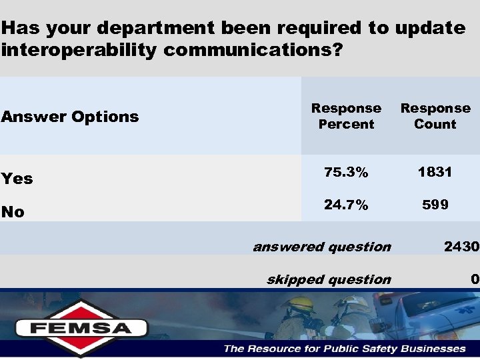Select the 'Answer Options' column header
click(70, 117)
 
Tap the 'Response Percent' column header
click(346, 116)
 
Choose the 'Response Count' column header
click(435, 116)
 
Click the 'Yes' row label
click(17, 179)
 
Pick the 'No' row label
click(13, 212)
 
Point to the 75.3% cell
click(346, 172)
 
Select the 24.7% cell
click(346, 205)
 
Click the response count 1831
click(435, 172)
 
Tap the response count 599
click(435, 205)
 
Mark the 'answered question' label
click(322, 247)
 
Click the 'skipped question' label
click(329, 279)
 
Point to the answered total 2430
click(462, 247)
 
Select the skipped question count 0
click(474, 279)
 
